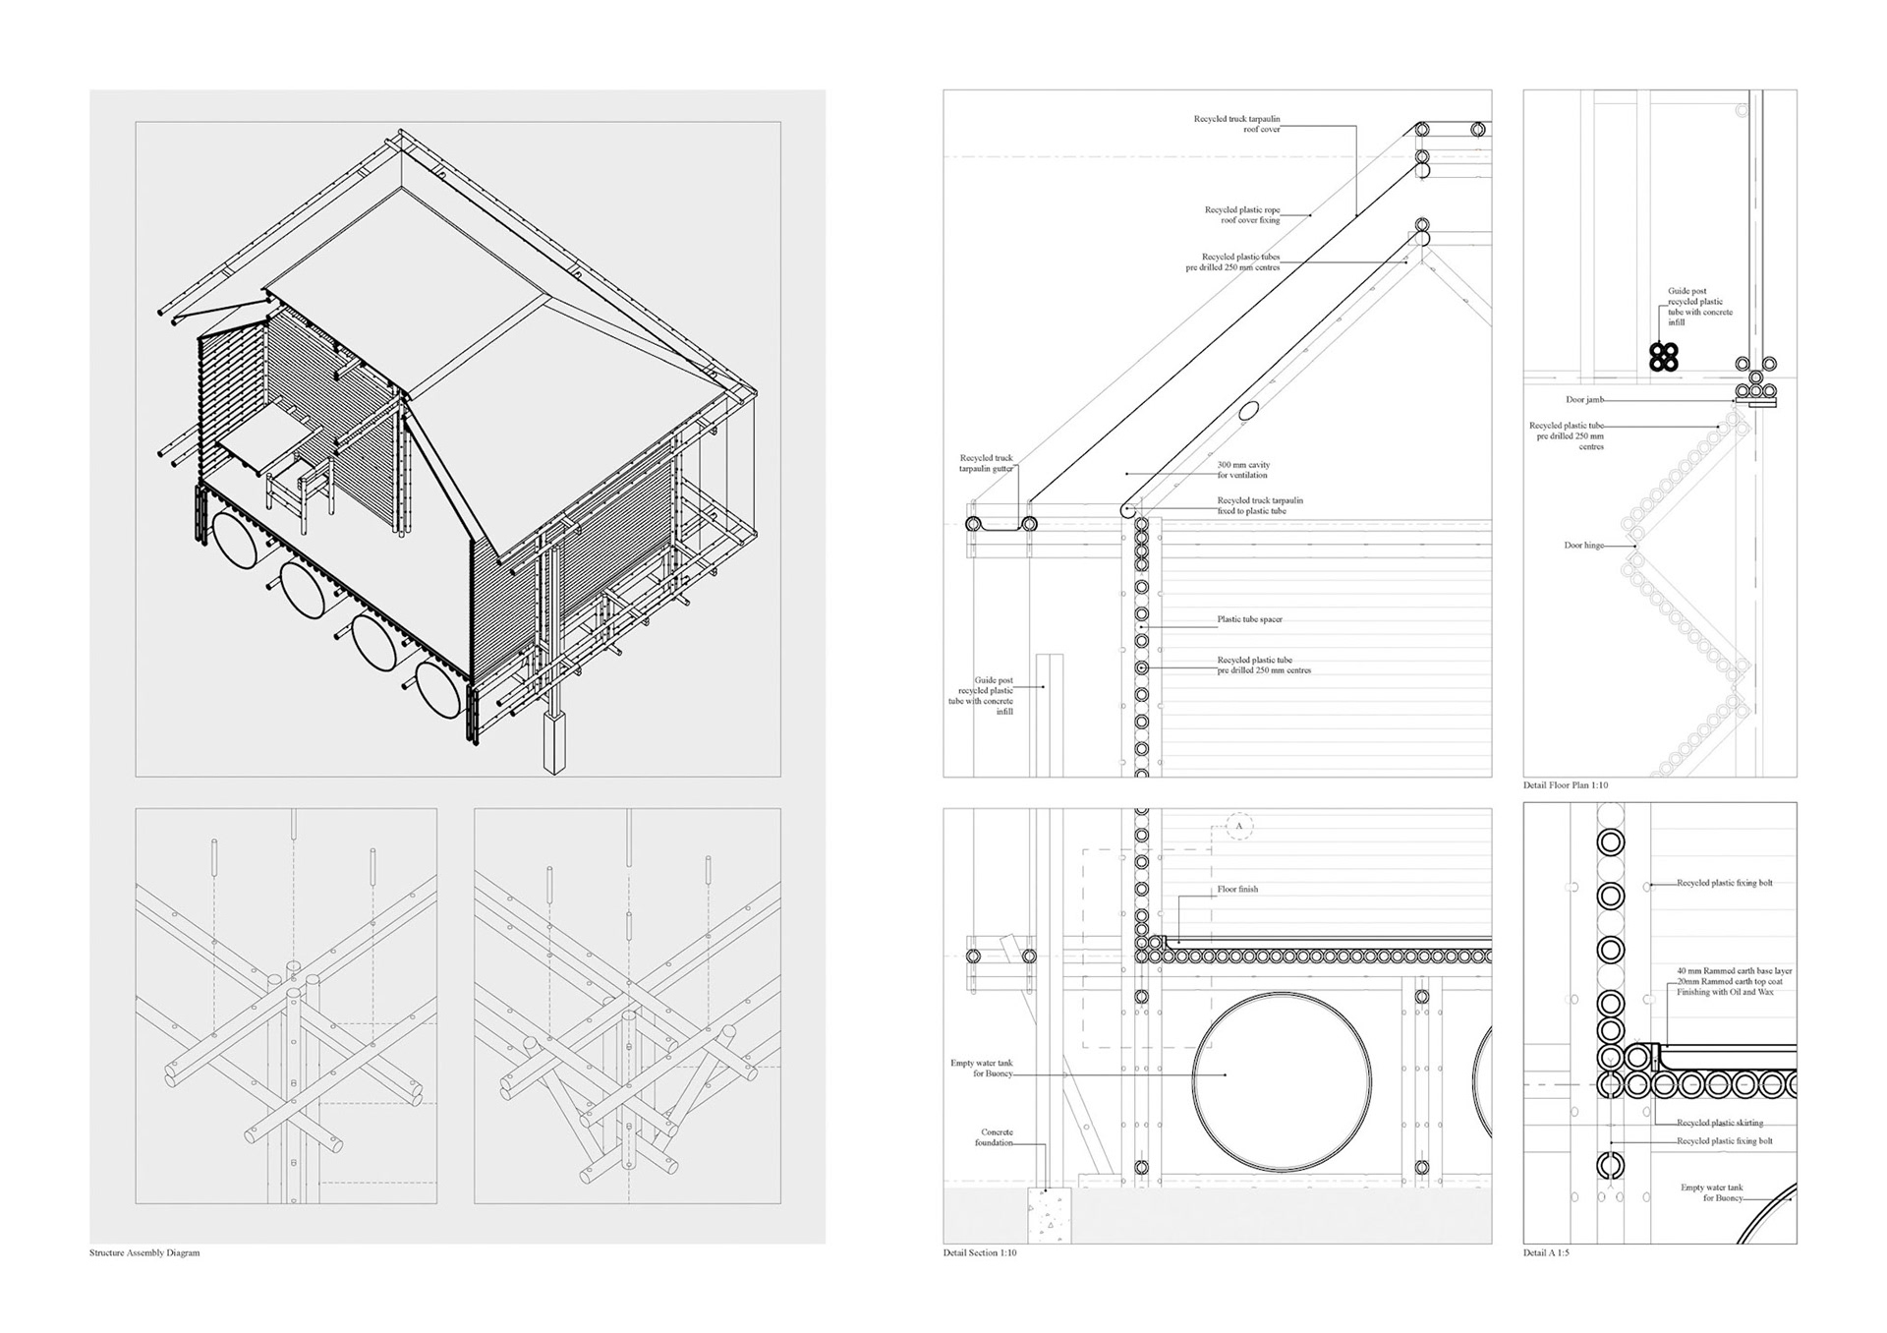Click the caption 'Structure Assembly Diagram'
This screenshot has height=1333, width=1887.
144,1253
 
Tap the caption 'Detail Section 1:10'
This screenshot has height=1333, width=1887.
980,1253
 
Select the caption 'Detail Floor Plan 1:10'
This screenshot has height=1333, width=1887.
1566,785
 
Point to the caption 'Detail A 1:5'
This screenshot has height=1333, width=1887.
1546,1253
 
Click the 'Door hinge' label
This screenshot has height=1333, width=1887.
1583,546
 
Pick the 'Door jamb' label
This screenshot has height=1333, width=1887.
1584,400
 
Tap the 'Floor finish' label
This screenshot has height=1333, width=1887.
1237,890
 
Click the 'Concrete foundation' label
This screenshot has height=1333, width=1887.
994,1137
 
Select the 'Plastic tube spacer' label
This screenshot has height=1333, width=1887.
1249,619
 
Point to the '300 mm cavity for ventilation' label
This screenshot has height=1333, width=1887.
1243,470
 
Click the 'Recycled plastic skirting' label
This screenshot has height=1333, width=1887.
1720,1123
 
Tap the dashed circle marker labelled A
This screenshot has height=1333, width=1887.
1239,827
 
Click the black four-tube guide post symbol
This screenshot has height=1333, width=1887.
1664,357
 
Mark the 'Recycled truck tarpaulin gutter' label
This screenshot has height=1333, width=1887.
986,464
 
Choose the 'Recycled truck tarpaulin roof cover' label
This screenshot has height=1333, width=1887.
1236,124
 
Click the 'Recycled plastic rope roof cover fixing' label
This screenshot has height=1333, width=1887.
1242,215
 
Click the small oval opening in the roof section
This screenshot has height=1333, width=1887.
1247,411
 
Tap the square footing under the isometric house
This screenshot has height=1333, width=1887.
555,742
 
